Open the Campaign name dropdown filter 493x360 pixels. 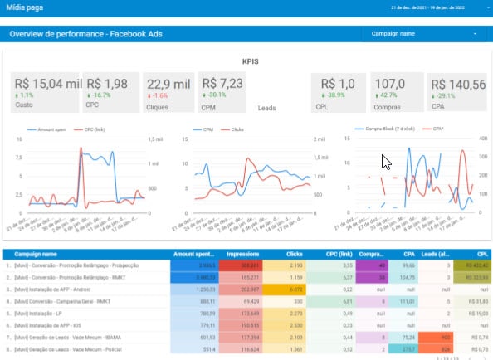click(x=423, y=34)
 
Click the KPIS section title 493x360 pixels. click(x=250, y=62)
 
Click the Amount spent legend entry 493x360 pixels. click(x=51, y=130)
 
